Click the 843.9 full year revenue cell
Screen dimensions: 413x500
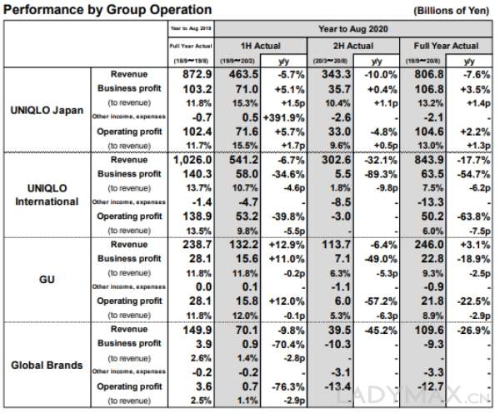(x=425, y=160)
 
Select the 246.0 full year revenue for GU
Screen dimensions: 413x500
(x=425, y=246)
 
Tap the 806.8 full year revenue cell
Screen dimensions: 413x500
(x=425, y=74)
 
